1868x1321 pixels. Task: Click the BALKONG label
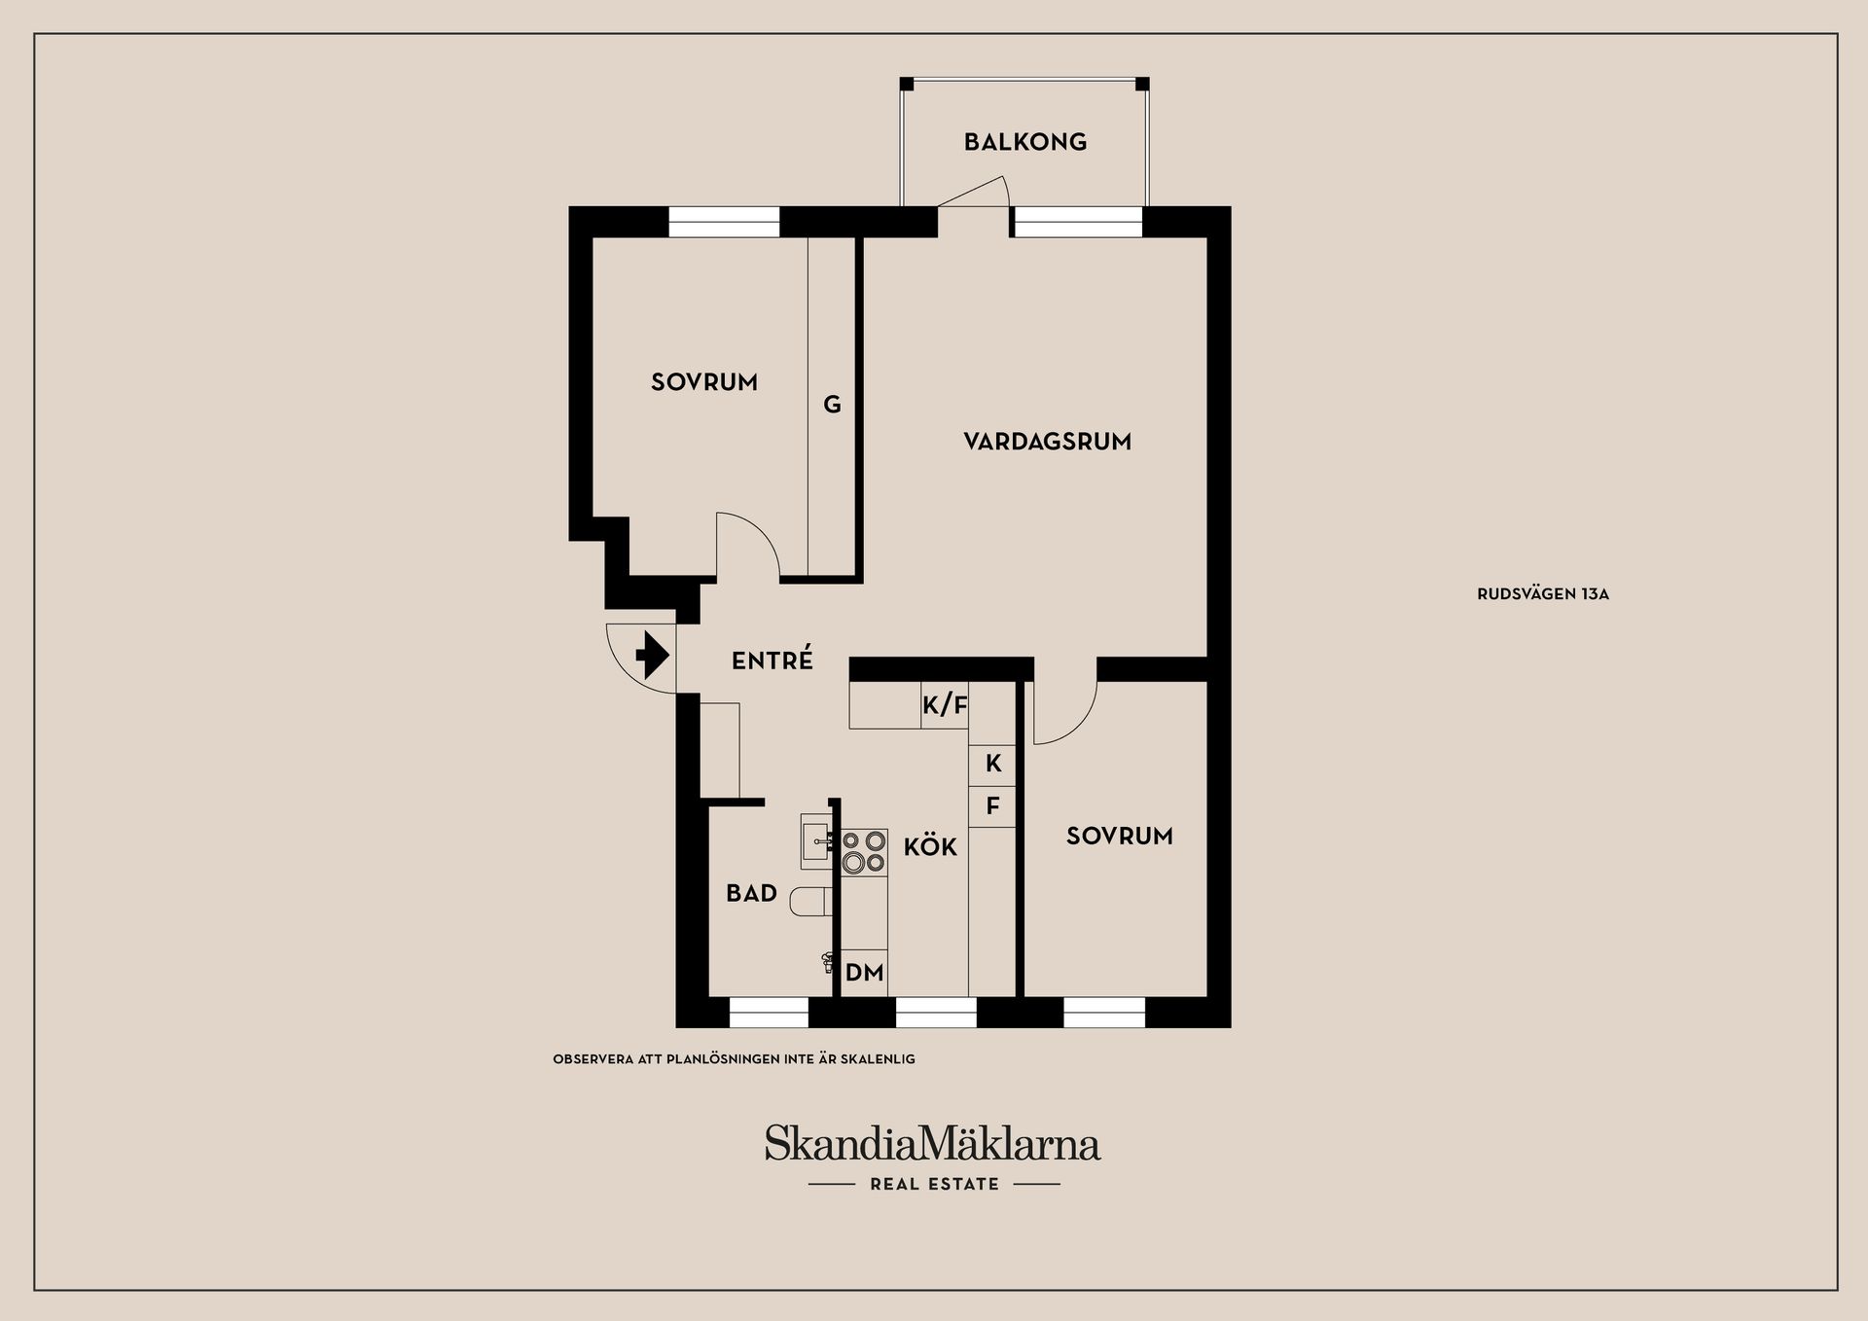[x=1024, y=142]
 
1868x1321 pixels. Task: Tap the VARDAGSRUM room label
[x=1047, y=442]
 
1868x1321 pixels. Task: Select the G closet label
[x=832, y=405]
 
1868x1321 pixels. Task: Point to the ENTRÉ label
[x=772, y=660]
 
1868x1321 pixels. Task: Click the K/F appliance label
[x=945, y=705]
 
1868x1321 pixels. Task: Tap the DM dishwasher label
[x=864, y=972]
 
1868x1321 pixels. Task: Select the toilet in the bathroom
[x=811, y=902]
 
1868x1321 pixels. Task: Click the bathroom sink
[x=816, y=841]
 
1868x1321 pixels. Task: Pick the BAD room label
[x=751, y=893]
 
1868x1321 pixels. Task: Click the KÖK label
[x=930, y=846]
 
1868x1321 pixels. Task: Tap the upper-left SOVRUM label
[x=704, y=382]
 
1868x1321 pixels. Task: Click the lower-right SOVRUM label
[x=1119, y=836]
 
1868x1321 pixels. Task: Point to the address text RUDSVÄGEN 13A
[x=1543, y=594]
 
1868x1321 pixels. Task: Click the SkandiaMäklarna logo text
[x=932, y=1143]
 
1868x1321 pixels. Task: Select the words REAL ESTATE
[x=934, y=1184]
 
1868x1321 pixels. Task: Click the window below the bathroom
[x=769, y=1013]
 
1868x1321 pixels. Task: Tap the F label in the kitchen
[x=992, y=806]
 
